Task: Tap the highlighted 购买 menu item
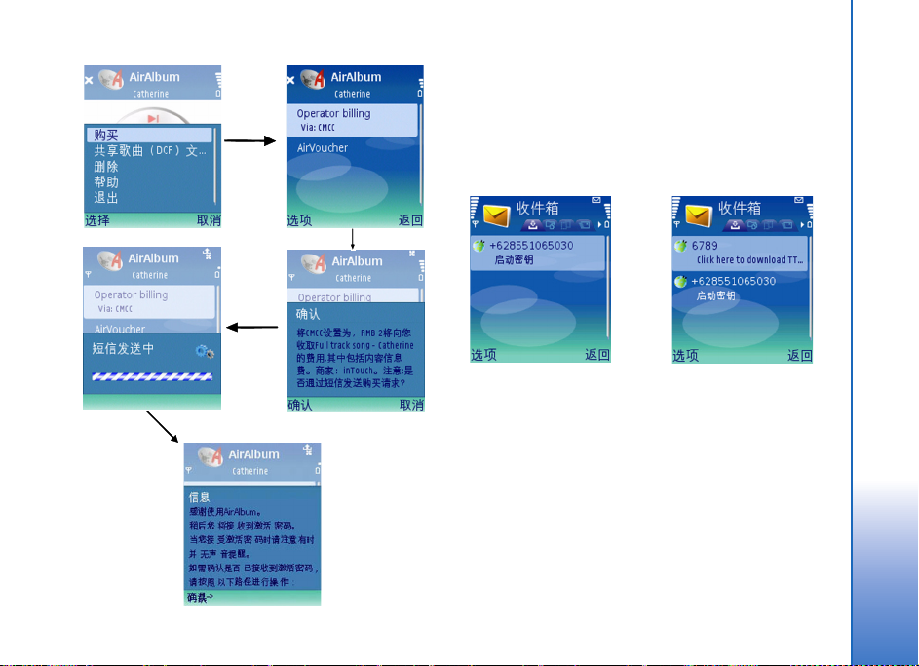tap(107, 135)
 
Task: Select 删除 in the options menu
tap(106, 167)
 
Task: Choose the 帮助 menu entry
tap(106, 182)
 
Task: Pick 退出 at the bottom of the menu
tap(106, 198)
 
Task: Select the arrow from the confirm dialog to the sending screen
tap(250, 328)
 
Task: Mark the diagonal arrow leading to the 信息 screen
tap(162, 427)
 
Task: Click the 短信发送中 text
tap(124, 348)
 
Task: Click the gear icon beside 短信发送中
tap(204, 350)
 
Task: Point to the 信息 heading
tap(199, 496)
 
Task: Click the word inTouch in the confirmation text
tap(362, 371)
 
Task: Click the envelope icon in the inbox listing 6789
tap(698, 215)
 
